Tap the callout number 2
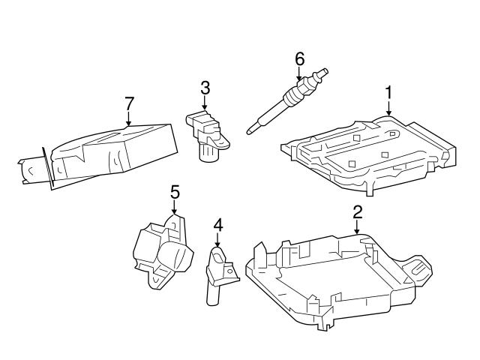pos(357,211)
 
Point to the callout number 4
pos(217,223)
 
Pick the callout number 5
pos(175,192)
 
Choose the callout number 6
pos(299,57)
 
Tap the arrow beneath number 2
pos(357,227)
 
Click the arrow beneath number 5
pos(175,208)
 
